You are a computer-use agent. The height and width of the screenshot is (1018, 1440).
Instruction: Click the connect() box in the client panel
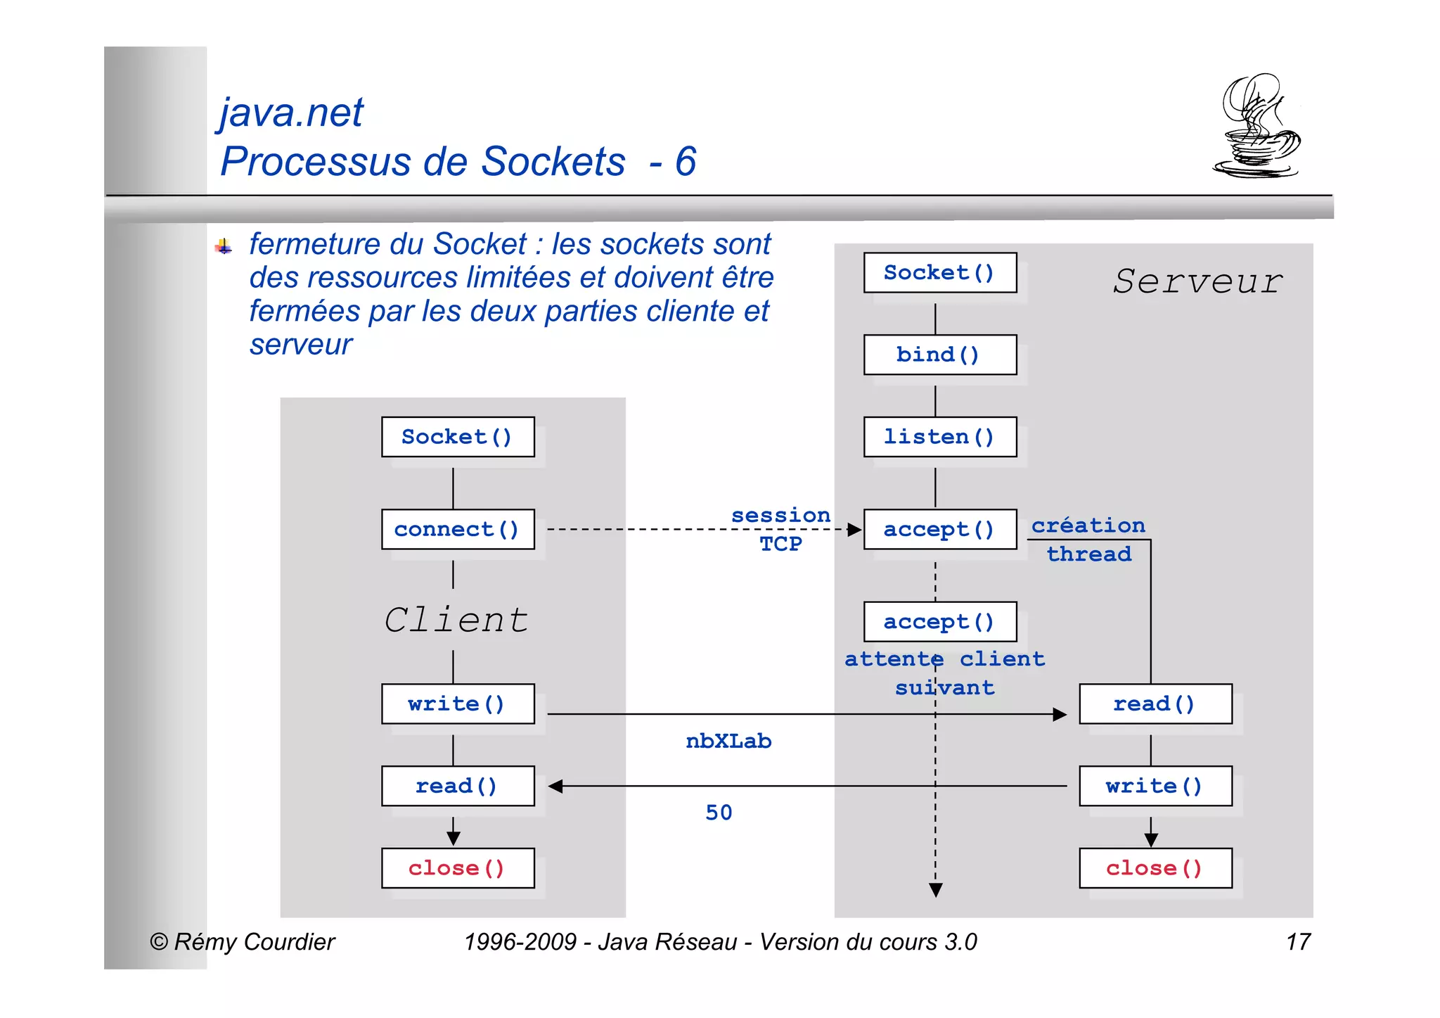pyautogui.click(x=458, y=529)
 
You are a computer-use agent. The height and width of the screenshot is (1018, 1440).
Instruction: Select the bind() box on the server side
pyautogui.click(x=939, y=355)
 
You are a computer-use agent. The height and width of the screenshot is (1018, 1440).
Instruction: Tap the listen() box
pyautogui.click(x=939, y=437)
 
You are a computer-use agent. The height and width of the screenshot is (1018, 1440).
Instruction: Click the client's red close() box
pyautogui.click(x=458, y=868)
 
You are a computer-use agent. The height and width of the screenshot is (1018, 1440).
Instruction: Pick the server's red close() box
pyautogui.click(x=1155, y=868)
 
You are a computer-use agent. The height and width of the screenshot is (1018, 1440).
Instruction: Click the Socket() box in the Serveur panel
pyautogui.click(x=939, y=272)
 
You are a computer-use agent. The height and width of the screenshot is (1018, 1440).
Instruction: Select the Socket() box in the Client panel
pyautogui.click(x=458, y=437)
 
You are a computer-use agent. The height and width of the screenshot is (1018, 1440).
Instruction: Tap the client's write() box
pyautogui.click(x=458, y=704)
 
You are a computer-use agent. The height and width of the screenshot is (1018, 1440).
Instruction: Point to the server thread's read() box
pyautogui.click(x=1155, y=704)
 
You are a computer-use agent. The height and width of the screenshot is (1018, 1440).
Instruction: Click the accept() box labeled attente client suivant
pyautogui.click(x=939, y=621)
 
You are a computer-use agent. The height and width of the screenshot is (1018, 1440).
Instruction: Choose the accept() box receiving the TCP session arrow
pyautogui.click(x=939, y=529)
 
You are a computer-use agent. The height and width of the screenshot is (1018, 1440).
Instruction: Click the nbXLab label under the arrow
pyautogui.click(x=728, y=741)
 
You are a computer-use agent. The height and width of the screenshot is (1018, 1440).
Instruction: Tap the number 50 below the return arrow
pyautogui.click(x=719, y=813)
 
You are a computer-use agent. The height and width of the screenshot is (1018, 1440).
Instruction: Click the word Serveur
pyautogui.click(x=1198, y=281)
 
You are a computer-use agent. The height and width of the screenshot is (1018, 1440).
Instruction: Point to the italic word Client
pyautogui.click(x=456, y=620)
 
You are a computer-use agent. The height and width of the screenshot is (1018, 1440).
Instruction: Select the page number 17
pyautogui.click(x=1298, y=942)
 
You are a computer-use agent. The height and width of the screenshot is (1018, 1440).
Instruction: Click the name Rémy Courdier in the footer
pyautogui.click(x=254, y=942)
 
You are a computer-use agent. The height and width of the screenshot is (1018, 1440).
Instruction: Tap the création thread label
pyautogui.click(x=1088, y=540)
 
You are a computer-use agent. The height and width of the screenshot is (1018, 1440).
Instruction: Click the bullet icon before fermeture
pyautogui.click(x=224, y=246)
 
